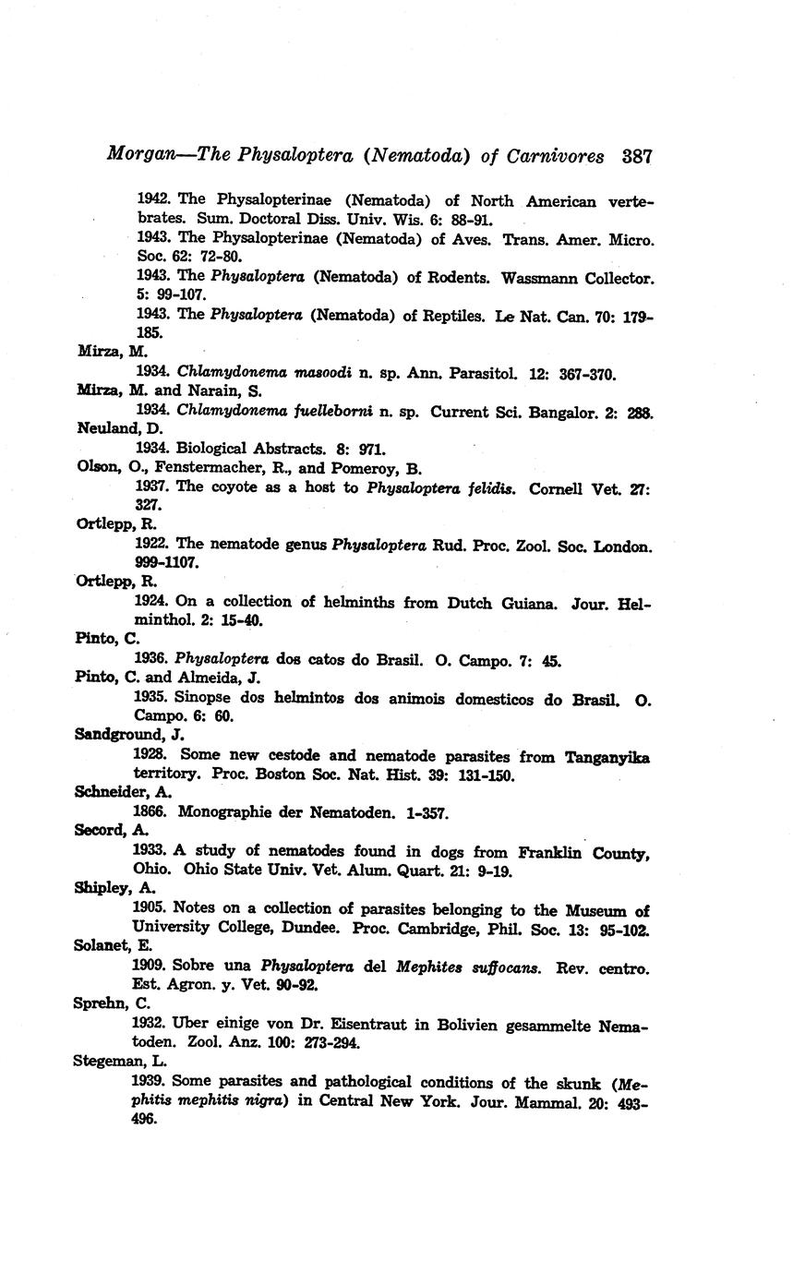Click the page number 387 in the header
tap(637, 157)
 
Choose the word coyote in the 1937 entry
tap(235, 487)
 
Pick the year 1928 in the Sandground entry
tap(150, 756)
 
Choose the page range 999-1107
tap(167, 562)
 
